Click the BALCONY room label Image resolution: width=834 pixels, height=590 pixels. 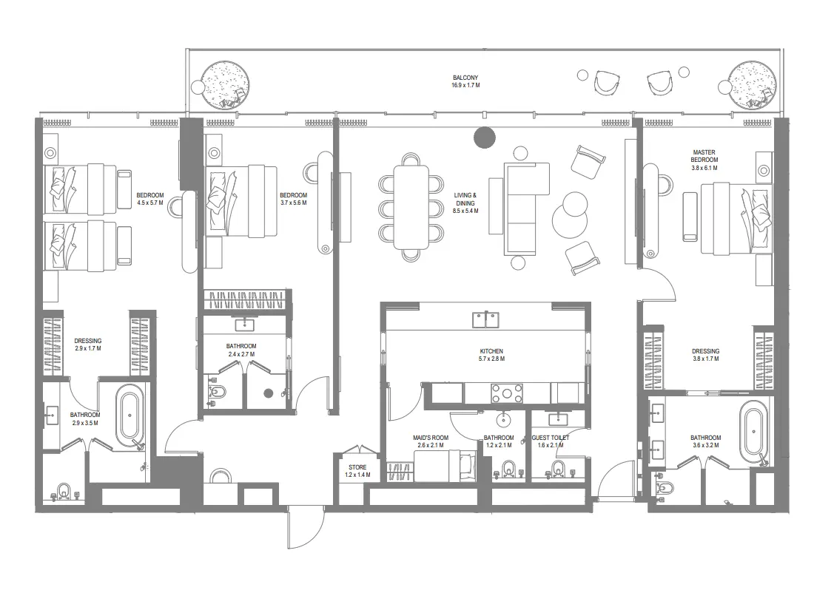[x=465, y=78]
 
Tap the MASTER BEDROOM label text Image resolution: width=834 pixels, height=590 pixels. [x=704, y=155]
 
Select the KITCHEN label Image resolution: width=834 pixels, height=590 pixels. [x=491, y=351]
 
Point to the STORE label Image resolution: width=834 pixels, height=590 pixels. [x=357, y=467]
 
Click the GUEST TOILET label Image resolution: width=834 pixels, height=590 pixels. [x=551, y=438]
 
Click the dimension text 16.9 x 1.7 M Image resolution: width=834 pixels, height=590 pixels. [x=465, y=86]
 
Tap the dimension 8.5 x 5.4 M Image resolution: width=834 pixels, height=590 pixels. [x=465, y=211]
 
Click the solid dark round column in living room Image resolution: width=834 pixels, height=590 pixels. [x=484, y=137]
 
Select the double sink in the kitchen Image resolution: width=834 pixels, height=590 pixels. [x=485, y=319]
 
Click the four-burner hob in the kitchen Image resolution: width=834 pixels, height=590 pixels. [x=507, y=393]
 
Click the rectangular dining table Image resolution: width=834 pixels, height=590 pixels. [x=411, y=206]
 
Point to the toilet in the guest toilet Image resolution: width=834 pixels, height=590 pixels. [x=558, y=468]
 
